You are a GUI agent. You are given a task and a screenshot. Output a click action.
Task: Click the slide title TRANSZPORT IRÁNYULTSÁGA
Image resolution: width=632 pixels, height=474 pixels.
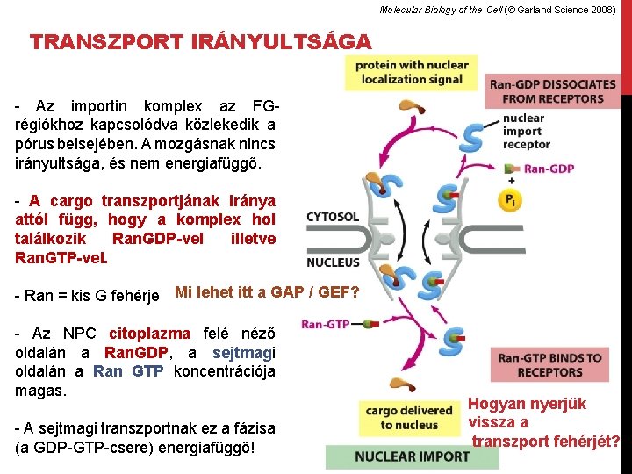coord(200,41)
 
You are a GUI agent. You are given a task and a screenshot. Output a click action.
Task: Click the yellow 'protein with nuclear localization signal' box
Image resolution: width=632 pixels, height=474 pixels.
coord(412,72)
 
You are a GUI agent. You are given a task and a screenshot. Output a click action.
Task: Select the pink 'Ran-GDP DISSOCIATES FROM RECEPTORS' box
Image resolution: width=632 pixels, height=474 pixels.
coord(552,91)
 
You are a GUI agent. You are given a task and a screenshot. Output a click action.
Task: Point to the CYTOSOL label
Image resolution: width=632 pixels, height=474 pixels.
coord(333,217)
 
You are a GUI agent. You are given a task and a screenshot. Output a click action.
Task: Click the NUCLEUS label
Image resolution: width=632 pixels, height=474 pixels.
coord(333,262)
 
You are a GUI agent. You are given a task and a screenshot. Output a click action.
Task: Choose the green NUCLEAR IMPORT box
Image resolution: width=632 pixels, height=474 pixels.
coord(411,456)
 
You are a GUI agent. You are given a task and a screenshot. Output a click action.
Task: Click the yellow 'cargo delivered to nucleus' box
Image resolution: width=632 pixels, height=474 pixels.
coord(408,418)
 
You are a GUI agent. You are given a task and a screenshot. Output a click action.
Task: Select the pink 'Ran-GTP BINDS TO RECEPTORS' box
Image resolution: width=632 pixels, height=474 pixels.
coord(549,364)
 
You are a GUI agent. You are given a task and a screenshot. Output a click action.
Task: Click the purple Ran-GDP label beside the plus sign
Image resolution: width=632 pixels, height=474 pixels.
coord(549,169)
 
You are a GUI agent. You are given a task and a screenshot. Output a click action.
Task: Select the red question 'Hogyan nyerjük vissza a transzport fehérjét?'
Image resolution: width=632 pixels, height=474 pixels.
coord(544,422)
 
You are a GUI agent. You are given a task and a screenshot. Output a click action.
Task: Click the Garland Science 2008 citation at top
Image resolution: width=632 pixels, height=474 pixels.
coord(498,10)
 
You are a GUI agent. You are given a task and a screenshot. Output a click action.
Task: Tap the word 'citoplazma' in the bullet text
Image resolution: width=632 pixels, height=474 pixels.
coord(148,334)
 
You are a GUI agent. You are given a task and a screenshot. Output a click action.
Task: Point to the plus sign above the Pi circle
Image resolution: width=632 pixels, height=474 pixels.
coord(510,181)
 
